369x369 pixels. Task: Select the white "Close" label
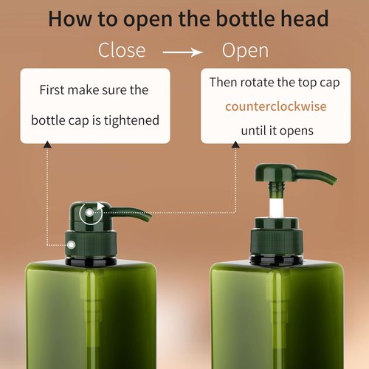tap(122, 52)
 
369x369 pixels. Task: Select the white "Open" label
tap(246, 52)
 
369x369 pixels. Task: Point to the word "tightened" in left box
tap(131, 119)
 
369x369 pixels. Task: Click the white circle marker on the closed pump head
tap(89, 214)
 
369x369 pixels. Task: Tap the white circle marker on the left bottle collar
tap(72, 243)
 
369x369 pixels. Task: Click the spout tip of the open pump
tap(334, 179)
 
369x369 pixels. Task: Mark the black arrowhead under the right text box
tap(237, 146)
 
